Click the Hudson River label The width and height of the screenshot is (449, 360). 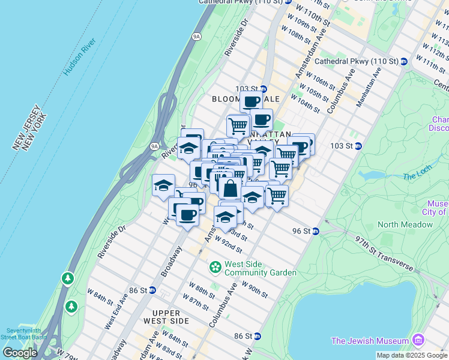click(79, 58)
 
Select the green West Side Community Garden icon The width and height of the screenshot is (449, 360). click(215, 266)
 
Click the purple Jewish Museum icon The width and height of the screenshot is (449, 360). click(418, 341)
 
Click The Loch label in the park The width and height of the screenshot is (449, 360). click(417, 176)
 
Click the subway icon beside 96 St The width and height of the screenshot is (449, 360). click(315, 231)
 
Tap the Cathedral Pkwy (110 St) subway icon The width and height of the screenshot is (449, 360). click(404, 61)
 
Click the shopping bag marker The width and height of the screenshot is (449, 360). click(230, 188)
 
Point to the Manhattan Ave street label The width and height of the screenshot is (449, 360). click(369, 88)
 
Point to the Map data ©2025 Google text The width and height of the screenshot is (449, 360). click(411, 355)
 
